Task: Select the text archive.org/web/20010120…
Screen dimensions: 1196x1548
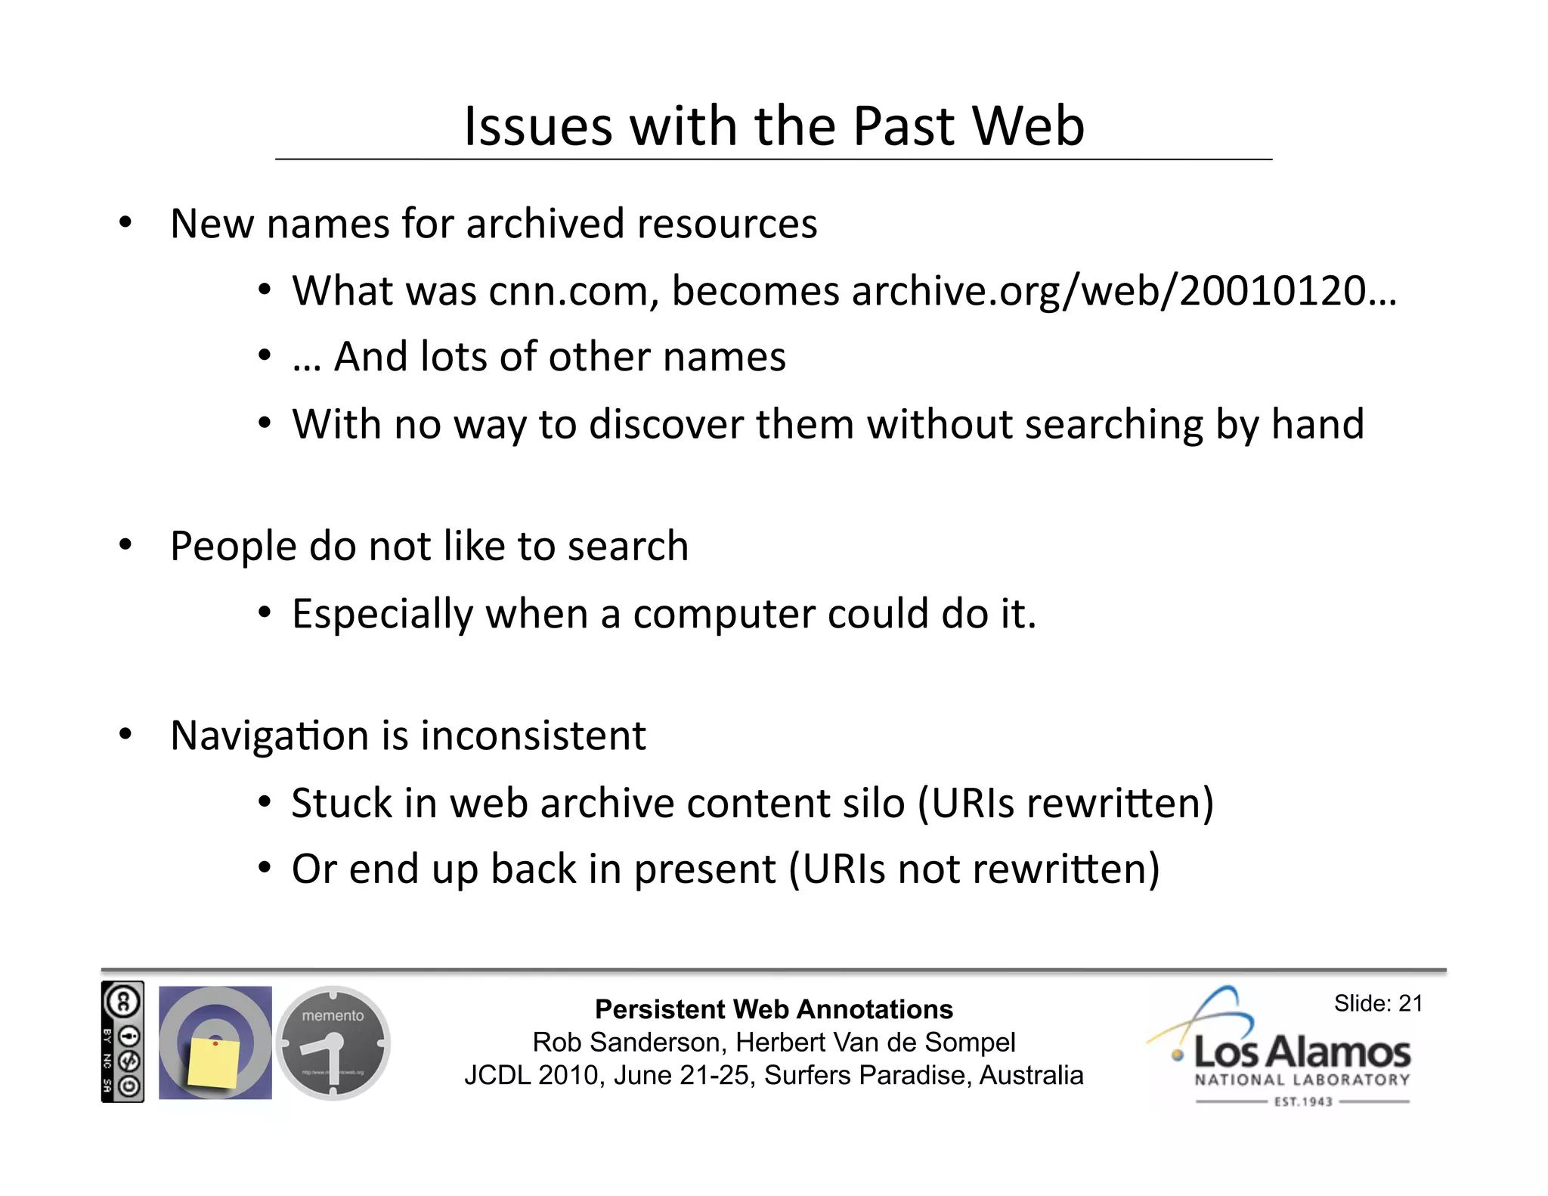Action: [x=1124, y=291]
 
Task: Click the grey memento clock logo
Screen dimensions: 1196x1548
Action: [x=333, y=1043]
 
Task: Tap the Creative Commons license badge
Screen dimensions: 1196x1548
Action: [x=122, y=1042]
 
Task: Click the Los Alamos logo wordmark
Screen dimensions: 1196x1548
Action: [x=1302, y=1052]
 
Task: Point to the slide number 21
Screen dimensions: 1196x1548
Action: [x=1410, y=1004]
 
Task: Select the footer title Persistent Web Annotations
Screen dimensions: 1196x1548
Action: [x=773, y=1009]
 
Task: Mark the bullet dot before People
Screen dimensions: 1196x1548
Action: [x=125, y=544]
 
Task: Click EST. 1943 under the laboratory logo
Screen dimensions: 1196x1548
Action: [x=1302, y=1102]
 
